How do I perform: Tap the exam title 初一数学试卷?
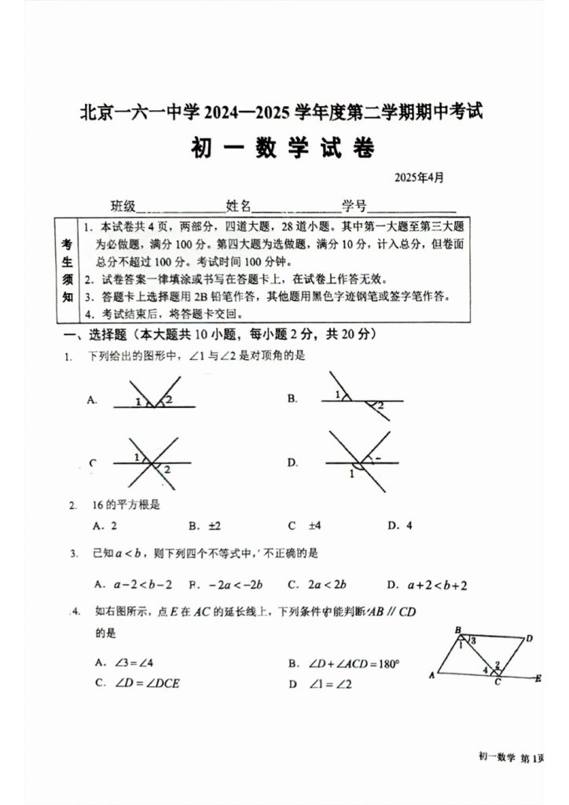click(282, 148)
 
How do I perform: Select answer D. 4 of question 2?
click(400, 526)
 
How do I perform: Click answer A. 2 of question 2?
click(105, 526)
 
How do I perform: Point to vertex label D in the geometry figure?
click(530, 638)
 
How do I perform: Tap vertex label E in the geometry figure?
click(538, 677)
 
